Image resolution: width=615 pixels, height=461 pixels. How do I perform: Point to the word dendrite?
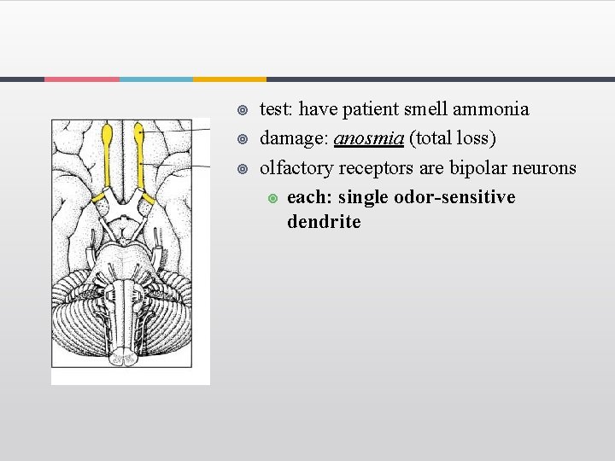tap(324, 222)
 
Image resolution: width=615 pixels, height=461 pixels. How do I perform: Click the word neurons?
tap(546, 167)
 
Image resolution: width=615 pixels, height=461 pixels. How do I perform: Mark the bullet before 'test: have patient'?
tap(243, 110)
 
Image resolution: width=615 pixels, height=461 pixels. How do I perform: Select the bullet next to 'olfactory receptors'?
tap(243, 168)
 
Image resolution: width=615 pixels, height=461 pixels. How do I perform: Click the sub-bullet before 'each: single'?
tap(272, 198)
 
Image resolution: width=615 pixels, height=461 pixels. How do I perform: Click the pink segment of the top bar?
tap(81, 79)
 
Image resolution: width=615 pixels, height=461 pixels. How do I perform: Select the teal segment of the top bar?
tap(155, 79)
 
